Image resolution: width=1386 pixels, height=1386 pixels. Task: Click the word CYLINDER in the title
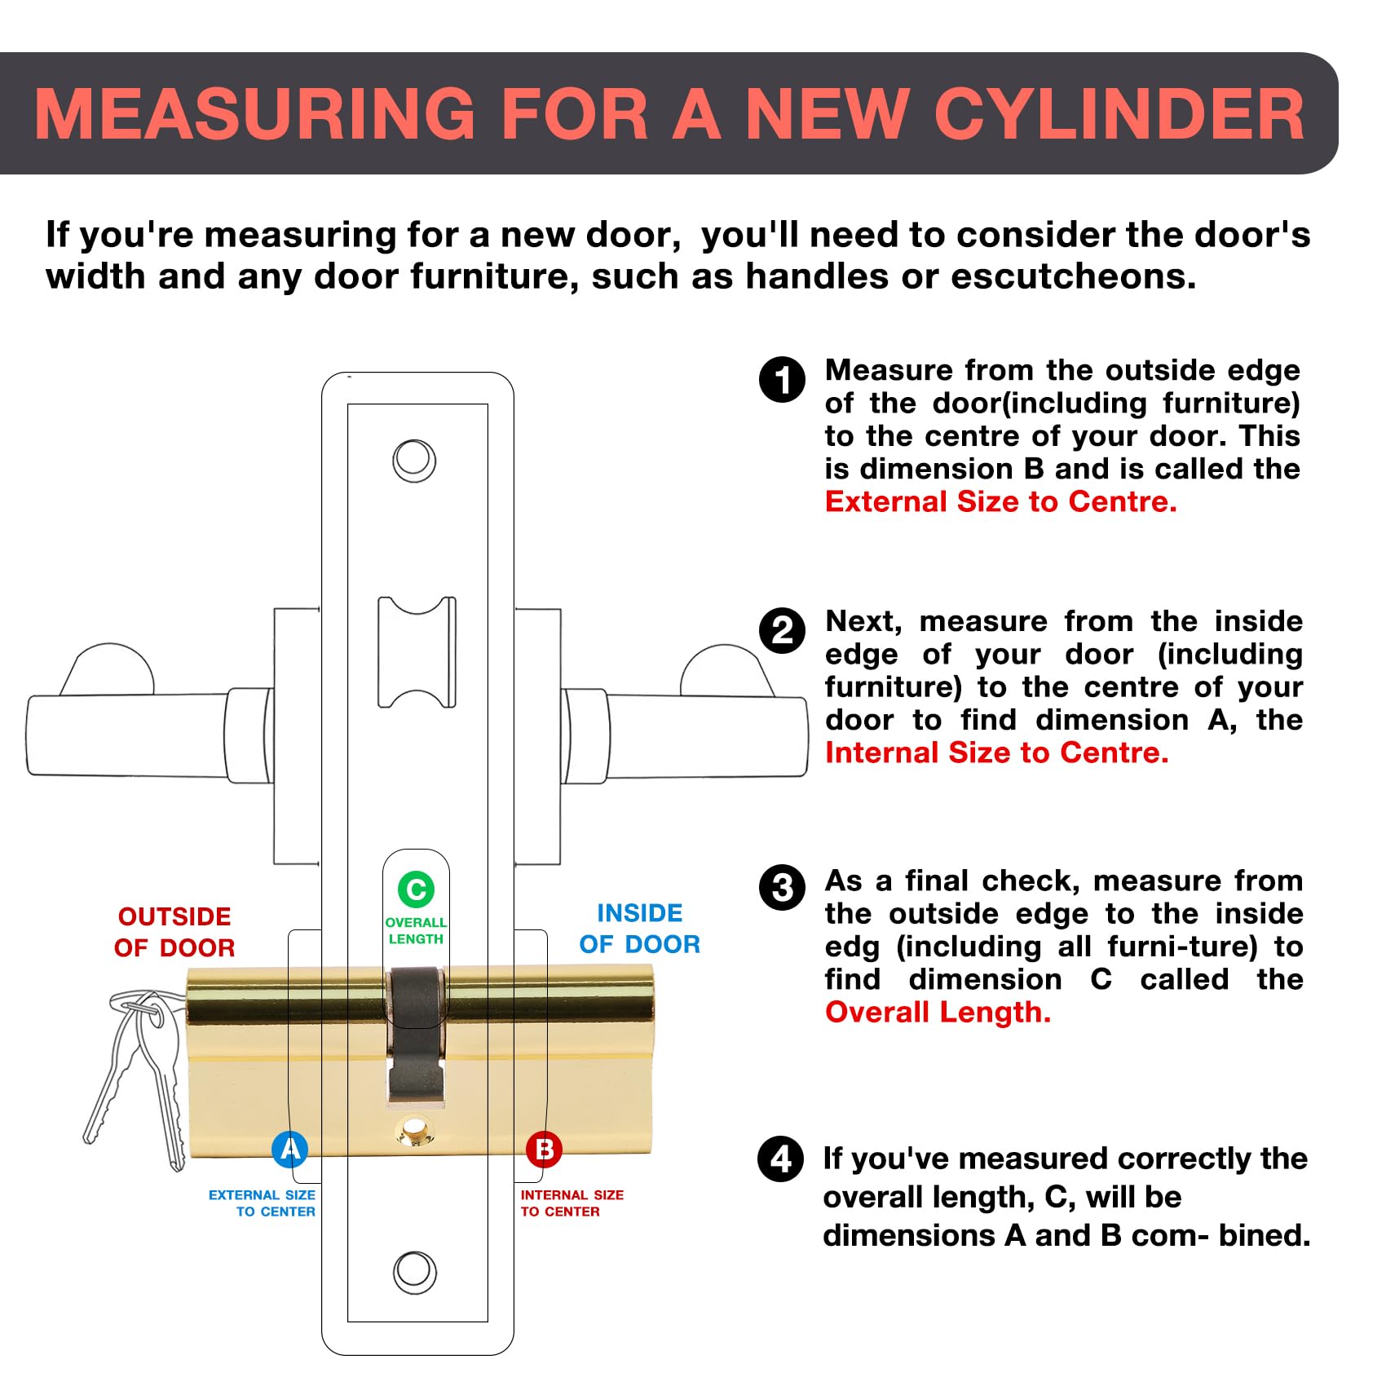(1119, 114)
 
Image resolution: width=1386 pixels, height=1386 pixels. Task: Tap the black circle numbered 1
(782, 380)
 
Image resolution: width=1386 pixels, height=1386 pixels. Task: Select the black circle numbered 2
(782, 630)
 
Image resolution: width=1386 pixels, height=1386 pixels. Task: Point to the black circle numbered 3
(782, 888)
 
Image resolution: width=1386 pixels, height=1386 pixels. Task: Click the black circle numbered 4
(780, 1159)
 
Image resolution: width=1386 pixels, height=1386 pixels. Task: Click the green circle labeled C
(416, 889)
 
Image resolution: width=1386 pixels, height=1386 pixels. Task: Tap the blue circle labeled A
(289, 1150)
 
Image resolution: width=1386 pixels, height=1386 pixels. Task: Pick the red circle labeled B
(544, 1150)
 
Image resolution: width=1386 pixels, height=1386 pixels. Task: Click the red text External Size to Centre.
(1000, 502)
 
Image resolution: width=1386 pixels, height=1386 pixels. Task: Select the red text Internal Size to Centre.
(996, 753)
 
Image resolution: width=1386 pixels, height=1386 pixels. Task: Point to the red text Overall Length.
(938, 1013)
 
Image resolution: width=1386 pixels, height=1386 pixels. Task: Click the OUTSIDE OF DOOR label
(174, 932)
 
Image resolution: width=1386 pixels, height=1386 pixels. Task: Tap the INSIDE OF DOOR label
(640, 929)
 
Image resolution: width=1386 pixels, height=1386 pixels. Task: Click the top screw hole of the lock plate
(414, 461)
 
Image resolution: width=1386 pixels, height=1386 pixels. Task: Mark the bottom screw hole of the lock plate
(414, 1272)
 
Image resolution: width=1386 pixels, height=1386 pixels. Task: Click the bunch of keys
(135, 1076)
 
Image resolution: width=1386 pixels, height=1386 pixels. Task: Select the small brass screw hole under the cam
(415, 1132)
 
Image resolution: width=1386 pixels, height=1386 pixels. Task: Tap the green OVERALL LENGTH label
(416, 931)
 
